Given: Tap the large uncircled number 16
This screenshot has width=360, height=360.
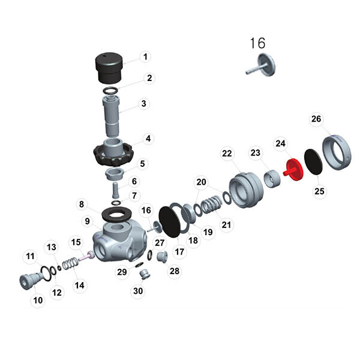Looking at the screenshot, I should [257, 43].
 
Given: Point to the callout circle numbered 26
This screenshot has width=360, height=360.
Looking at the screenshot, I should [316, 119].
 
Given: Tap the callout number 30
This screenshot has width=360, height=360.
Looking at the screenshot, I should [138, 292].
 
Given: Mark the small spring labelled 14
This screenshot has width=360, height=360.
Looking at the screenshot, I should [71, 263].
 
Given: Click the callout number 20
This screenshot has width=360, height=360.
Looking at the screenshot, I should [201, 182].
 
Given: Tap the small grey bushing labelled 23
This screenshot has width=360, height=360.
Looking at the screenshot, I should [274, 178].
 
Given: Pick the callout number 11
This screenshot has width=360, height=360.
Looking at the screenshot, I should [29, 256].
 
